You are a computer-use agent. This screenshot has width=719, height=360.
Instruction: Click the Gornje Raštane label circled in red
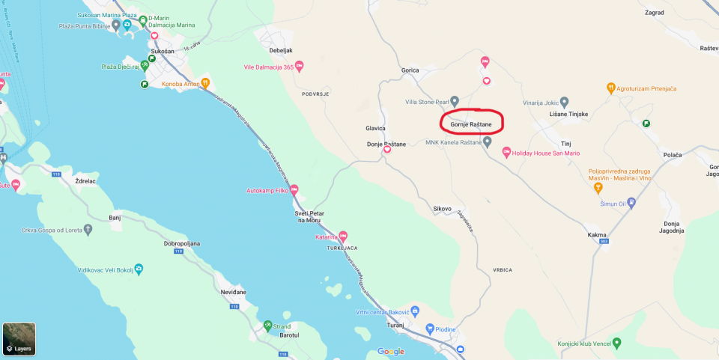tap(471, 124)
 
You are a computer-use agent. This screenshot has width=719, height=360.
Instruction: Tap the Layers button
tap(19, 338)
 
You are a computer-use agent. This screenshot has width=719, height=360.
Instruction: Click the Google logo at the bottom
tap(390, 352)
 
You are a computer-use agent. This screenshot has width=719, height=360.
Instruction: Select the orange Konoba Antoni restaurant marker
tap(205, 84)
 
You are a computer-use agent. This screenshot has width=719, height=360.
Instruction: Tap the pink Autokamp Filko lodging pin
tap(294, 190)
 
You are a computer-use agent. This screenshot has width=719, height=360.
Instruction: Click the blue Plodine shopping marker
tap(430, 329)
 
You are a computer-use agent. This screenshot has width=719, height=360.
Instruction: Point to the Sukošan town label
tap(163, 52)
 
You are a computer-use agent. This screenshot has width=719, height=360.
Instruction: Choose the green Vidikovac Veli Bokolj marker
tap(138, 268)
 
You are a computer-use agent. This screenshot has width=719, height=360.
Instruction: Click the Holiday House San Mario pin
tap(506, 153)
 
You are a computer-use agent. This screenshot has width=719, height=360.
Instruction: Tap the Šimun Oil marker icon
tap(631, 202)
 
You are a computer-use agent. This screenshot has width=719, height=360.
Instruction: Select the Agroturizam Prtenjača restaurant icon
tap(611, 88)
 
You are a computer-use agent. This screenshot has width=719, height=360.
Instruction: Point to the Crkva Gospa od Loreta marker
tap(88, 228)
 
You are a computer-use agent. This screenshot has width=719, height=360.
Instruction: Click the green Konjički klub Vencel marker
tap(616, 344)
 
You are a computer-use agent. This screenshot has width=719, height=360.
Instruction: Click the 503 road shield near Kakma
tap(604, 241)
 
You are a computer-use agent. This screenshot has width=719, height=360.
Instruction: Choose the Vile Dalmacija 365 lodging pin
tap(299, 67)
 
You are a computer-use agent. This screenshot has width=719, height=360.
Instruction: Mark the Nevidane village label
tap(233, 291)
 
